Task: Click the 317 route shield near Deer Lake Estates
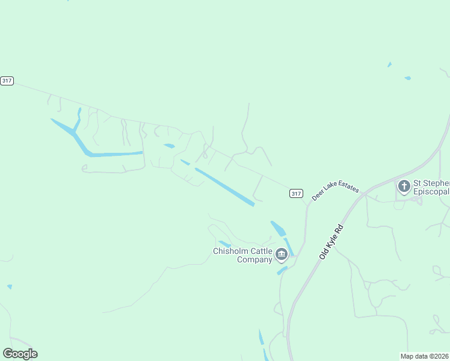(x=295, y=193)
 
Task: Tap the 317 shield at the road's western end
(x=7, y=81)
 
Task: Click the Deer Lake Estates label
(x=335, y=189)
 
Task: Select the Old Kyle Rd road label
(x=331, y=242)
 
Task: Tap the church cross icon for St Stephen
(x=404, y=187)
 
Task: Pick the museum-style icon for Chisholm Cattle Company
(x=281, y=256)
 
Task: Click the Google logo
(x=20, y=354)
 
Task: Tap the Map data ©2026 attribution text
(x=425, y=356)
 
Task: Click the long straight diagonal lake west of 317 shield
(x=224, y=187)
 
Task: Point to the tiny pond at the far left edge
(x=10, y=286)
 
